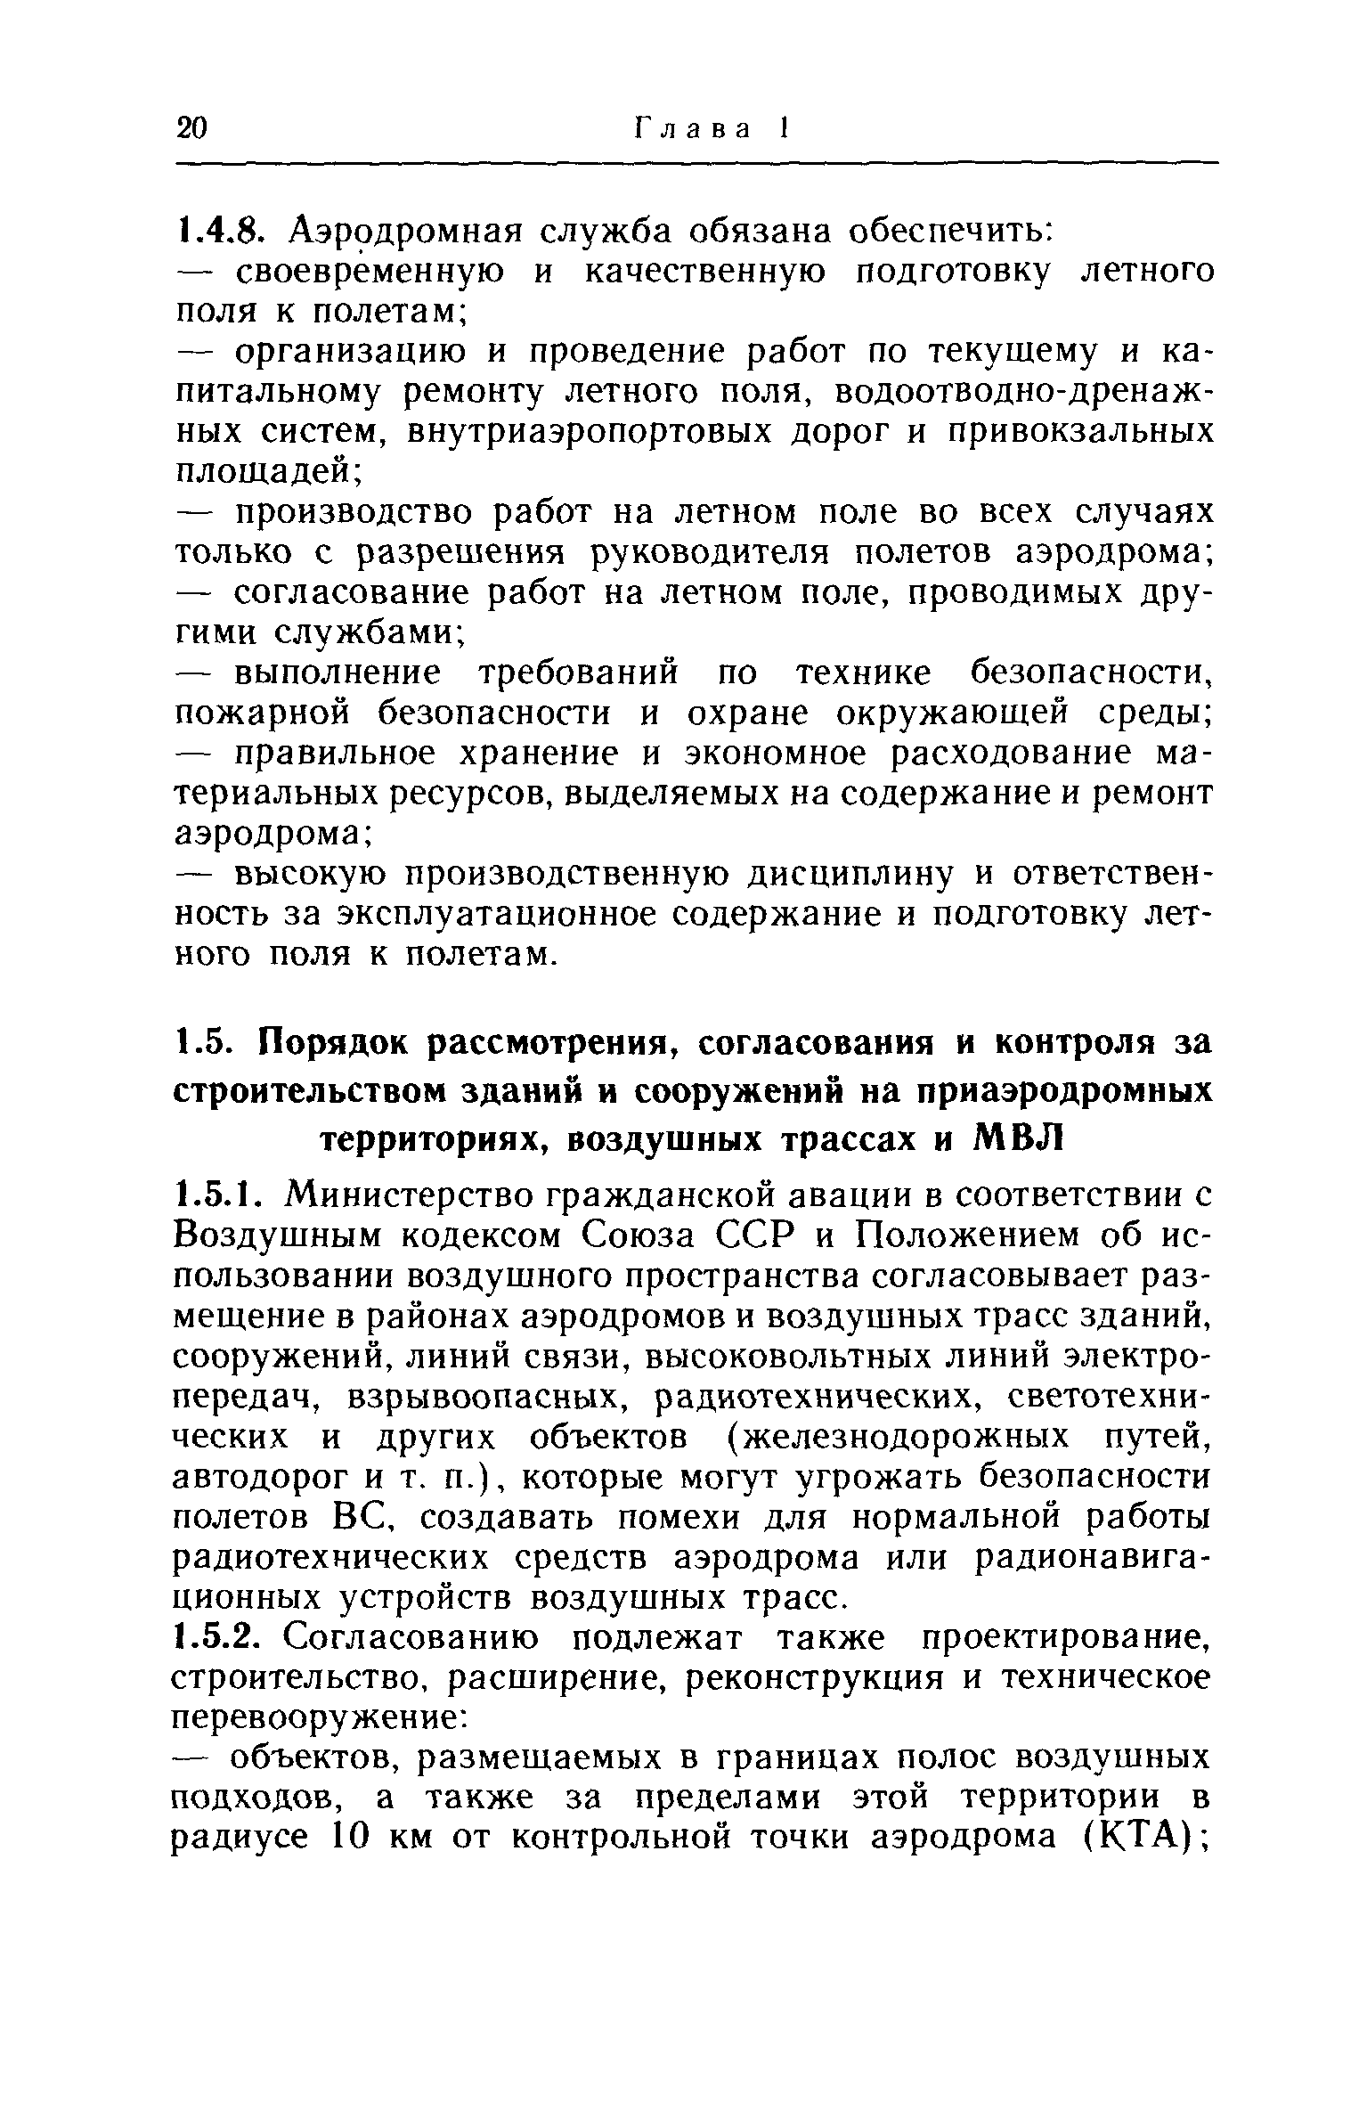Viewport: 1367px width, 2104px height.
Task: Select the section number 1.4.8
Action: pos(217,232)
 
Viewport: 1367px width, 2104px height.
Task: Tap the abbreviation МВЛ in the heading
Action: pos(1014,1139)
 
